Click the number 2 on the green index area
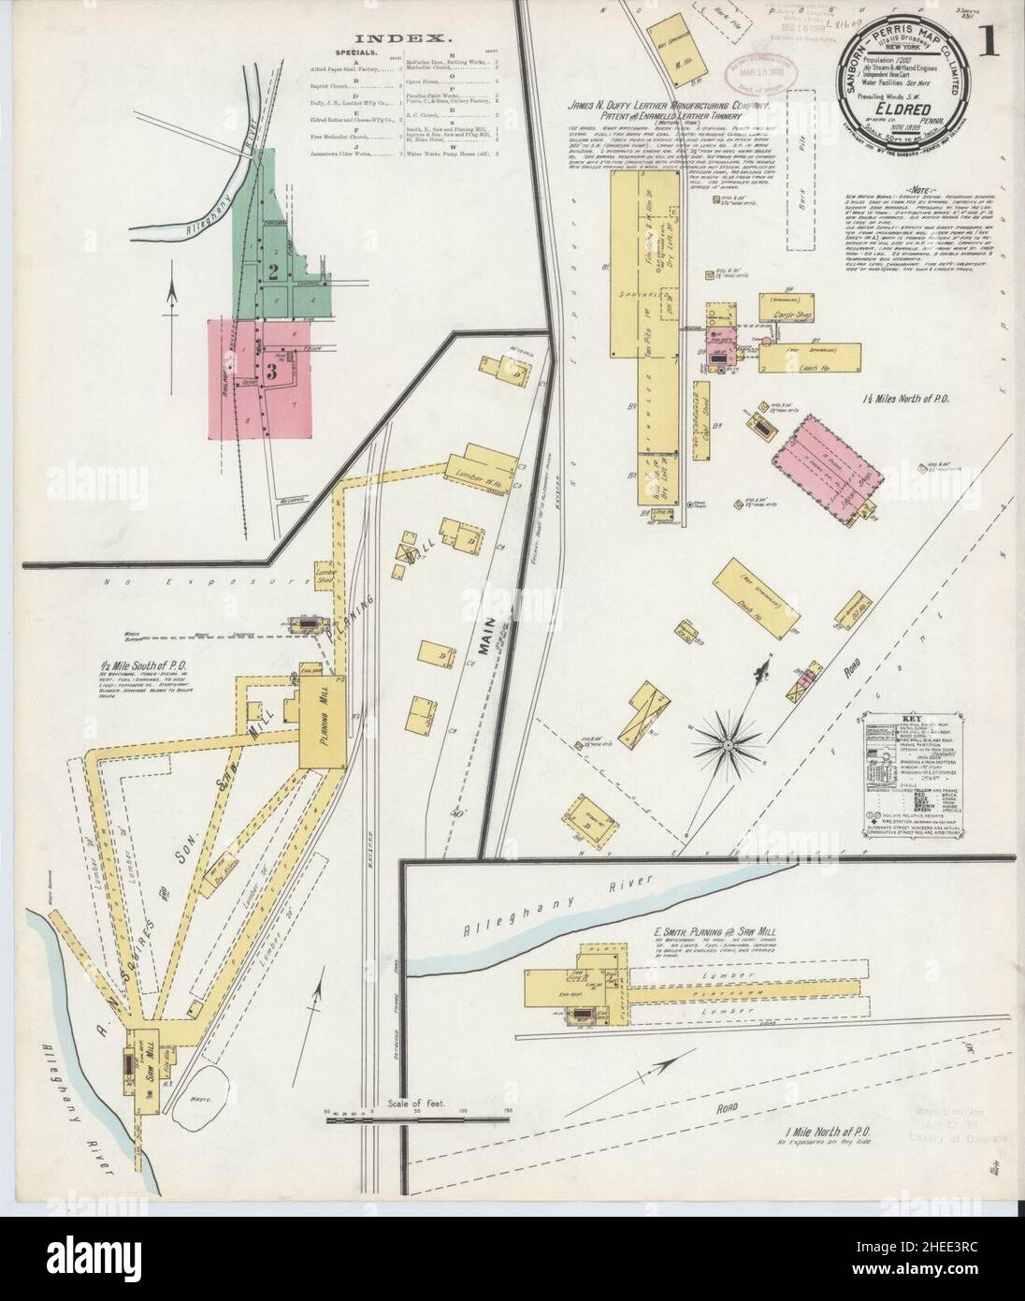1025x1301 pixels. coord(274,272)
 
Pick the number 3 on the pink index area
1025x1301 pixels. coord(272,371)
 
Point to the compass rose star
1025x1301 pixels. coord(727,744)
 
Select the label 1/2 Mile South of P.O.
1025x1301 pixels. coord(151,666)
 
